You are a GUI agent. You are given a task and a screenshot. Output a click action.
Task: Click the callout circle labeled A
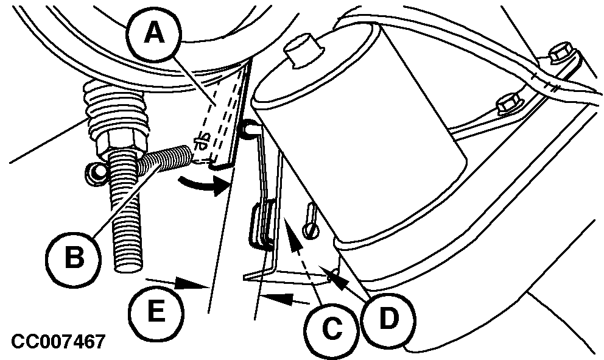coord(154,34)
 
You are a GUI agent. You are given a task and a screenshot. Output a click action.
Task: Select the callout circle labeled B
coord(74,258)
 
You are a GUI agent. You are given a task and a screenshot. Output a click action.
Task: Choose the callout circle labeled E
coord(156,313)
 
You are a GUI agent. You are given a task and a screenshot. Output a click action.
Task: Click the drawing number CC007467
coord(58,342)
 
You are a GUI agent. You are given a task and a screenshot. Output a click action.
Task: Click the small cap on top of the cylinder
coord(304,50)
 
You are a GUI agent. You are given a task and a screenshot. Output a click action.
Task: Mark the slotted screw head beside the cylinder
coord(311,230)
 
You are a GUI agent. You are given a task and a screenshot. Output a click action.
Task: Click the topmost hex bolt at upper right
coord(562,54)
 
